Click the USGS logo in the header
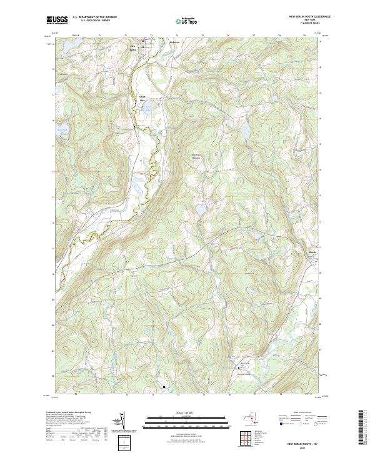click(57, 20)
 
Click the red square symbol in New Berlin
click(142, 42)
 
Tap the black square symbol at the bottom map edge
click(164, 387)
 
